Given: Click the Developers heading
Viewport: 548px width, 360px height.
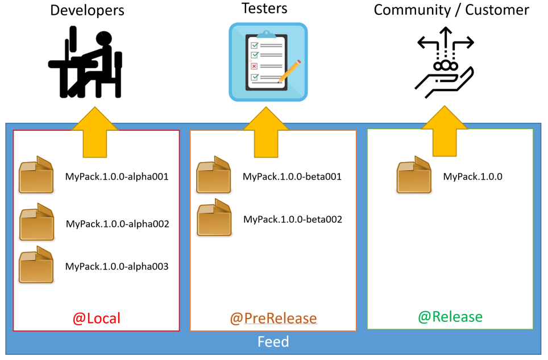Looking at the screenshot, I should tap(87, 10).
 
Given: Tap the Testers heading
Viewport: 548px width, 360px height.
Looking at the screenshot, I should tap(264, 9).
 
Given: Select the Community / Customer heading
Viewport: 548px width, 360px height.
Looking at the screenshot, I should tap(451, 10).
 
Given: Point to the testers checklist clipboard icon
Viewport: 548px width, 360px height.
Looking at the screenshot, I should tap(268, 62).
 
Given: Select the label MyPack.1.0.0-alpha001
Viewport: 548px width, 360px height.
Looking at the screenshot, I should tap(117, 177).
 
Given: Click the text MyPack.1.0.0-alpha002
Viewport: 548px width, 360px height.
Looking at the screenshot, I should tap(117, 224).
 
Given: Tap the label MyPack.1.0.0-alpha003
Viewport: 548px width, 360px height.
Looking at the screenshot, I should tap(117, 266).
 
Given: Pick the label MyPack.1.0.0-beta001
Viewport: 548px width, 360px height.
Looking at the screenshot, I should tap(292, 177).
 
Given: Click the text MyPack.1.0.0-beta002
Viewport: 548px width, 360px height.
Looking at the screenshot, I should tap(293, 219).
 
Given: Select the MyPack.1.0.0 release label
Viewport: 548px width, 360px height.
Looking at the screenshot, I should tap(472, 177).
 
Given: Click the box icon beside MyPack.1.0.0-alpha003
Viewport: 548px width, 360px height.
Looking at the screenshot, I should tap(36, 264).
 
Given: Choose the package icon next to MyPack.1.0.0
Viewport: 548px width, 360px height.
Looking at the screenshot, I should tap(414, 176).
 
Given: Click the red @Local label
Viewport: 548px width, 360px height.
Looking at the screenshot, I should tap(97, 318).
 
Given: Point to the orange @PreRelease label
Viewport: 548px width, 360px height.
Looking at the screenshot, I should tap(273, 318).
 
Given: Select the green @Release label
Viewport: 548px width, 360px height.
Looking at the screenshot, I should tap(450, 317).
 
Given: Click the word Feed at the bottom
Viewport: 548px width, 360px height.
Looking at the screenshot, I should tap(273, 342).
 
